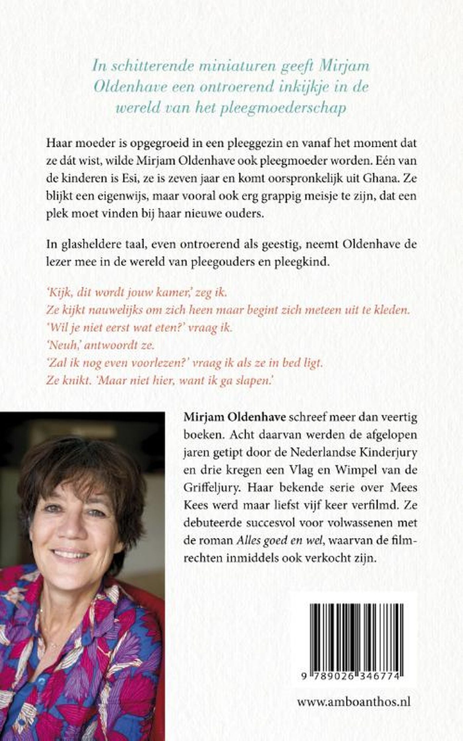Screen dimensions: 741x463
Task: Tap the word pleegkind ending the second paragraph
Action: pyautogui.click(x=307, y=263)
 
